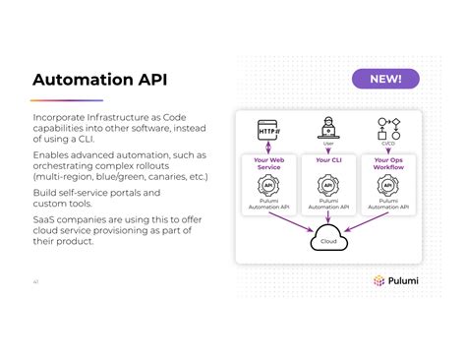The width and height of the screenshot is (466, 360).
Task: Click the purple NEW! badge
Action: [385, 79]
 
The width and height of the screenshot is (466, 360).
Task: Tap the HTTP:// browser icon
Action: [269, 129]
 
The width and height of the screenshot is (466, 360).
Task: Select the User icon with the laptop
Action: [328, 128]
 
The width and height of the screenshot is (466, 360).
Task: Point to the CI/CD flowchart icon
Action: [388, 128]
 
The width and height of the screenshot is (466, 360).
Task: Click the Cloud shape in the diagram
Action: [328, 239]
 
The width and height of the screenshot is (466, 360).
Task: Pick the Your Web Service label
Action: [268, 163]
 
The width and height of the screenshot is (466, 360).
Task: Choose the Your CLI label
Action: [328, 159]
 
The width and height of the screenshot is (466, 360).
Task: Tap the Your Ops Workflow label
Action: [388, 163]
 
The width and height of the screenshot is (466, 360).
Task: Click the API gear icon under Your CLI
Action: [328, 185]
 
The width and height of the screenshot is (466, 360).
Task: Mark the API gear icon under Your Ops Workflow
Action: [388, 185]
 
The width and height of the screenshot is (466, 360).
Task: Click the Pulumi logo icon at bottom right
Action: [379, 280]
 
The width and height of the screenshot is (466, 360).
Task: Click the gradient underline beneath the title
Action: [66, 100]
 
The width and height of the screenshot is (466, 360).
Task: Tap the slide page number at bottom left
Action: [35, 281]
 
